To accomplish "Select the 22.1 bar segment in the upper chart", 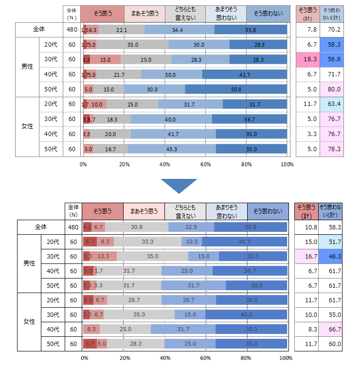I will click(x=122, y=30).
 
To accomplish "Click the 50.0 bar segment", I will click(x=236, y=89).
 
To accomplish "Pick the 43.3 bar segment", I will click(x=171, y=149).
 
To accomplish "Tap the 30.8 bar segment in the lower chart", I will click(x=136, y=227).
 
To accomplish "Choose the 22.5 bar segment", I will click(x=191, y=227).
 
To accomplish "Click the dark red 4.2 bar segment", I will click(x=88, y=227).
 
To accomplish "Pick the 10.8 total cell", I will click(x=307, y=227).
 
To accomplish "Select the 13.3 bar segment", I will click(x=103, y=256).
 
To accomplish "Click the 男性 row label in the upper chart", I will click(x=27, y=67).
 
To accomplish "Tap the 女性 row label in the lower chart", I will click(x=29, y=322).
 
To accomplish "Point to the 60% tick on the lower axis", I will click(x=205, y=358).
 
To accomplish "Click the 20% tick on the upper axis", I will click(x=124, y=164).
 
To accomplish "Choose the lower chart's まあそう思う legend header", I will click(x=144, y=211).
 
